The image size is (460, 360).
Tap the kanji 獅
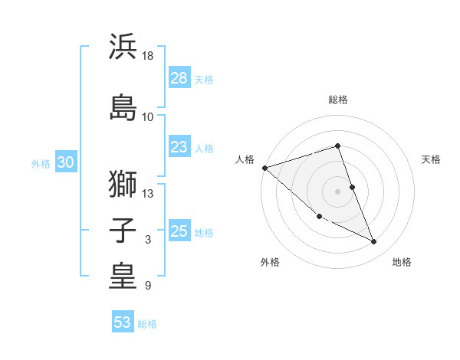(x=123, y=184)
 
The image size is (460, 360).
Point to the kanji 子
(x=123, y=231)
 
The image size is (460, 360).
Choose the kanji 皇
(x=123, y=277)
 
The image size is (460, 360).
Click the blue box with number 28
(x=179, y=77)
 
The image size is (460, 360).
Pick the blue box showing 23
(x=179, y=147)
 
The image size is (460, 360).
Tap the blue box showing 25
(x=179, y=231)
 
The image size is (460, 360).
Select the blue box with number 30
(x=65, y=162)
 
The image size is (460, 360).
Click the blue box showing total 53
(x=123, y=322)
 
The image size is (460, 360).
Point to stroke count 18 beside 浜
(x=148, y=56)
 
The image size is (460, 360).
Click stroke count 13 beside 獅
(x=148, y=194)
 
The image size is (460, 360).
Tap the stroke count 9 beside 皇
(x=148, y=286)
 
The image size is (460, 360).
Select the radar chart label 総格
(x=338, y=100)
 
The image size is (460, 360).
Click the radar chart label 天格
(x=431, y=159)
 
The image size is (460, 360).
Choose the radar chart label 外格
(x=270, y=262)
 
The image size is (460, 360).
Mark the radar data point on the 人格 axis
(x=264, y=168)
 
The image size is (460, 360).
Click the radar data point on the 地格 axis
(x=374, y=242)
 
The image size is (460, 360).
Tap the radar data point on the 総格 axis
(x=338, y=146)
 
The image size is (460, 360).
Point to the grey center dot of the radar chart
(x=338, y=191)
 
